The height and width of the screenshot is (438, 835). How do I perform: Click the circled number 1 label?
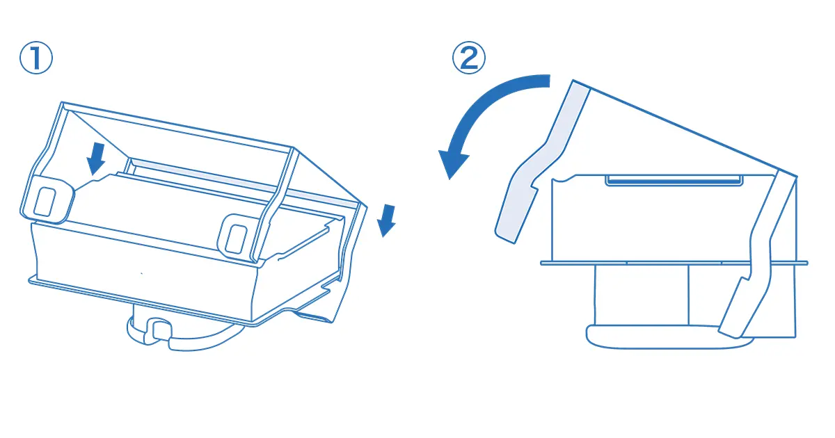(36, 58)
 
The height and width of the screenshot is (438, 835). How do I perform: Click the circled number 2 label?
(469, 58)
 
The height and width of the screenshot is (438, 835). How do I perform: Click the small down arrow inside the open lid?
(96, 159)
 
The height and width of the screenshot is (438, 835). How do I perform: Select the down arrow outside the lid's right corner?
(387, 220)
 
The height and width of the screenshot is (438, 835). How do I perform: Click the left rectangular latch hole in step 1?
(45, 202)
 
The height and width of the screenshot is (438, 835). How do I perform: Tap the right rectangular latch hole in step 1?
(237, 239)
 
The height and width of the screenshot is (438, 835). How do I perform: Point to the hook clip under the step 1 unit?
(159, 331)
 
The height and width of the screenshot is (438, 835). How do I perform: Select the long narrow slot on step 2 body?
(674, 181)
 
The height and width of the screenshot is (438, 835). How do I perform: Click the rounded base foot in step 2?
(669, 337)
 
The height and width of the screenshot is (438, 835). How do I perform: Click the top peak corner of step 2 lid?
(573, 80)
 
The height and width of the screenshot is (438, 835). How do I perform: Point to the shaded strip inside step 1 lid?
(244, 181)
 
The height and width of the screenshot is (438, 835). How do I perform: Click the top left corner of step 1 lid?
(62, 102)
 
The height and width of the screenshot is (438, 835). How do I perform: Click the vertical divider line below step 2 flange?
(688, 295)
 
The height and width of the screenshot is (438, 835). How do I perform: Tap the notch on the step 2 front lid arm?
(534, 186)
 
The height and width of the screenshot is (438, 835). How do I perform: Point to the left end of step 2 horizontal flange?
(541, 263)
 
